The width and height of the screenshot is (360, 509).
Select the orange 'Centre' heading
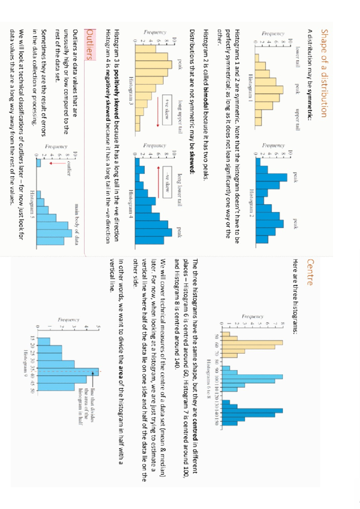(310, 272)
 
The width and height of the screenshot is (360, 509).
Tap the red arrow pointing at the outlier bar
(58, 163)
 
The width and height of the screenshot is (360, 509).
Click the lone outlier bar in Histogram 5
(38, 163)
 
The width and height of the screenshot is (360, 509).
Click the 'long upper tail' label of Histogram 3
(180, 117)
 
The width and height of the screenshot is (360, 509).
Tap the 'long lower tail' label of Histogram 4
(179, 190)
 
